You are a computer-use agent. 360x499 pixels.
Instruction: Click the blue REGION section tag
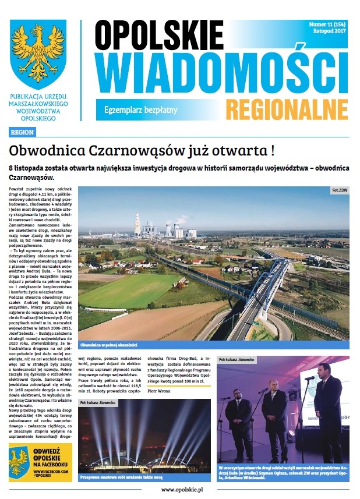coord(22,132)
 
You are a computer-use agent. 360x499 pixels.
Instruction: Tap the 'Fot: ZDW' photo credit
coord(339,190)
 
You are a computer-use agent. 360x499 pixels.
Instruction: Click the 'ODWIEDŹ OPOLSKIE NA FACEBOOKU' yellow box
coord(41,462)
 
